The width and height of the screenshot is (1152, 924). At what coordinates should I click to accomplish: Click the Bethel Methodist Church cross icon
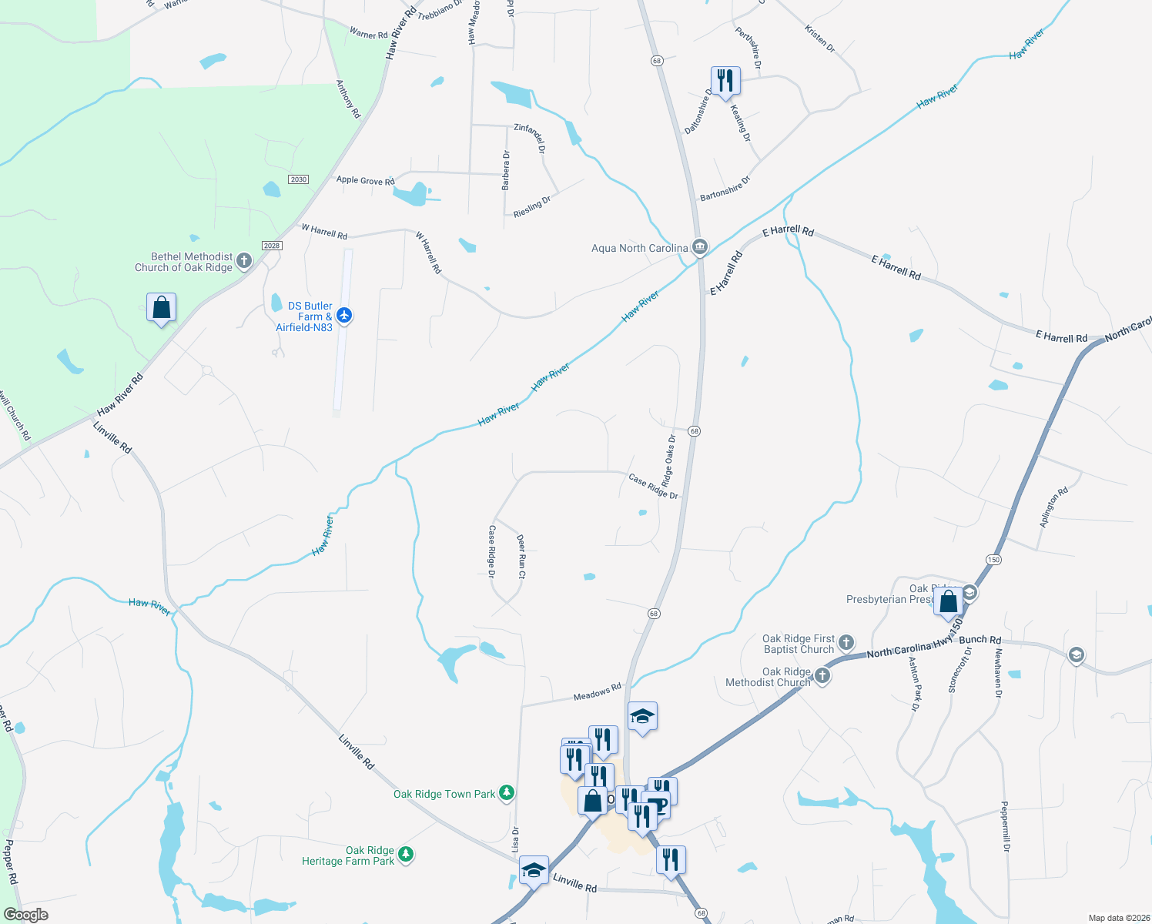244,261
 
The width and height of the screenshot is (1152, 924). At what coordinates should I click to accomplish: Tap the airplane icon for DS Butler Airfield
344,315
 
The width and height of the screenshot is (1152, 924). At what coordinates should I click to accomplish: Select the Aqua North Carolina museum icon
700,247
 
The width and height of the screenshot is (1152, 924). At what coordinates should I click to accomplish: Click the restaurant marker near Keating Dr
725,80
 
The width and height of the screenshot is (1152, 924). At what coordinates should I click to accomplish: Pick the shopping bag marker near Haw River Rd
162,308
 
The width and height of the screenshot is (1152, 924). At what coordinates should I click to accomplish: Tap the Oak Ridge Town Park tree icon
507,793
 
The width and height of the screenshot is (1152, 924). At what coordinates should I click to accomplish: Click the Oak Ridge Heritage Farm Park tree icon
406,855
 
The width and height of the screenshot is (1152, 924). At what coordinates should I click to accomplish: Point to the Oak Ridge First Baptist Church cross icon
846,643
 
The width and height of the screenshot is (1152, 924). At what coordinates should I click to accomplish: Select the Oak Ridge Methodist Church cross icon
822,676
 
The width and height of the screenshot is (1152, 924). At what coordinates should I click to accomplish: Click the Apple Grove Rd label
365,180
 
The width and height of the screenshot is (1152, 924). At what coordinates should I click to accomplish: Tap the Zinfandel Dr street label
531,137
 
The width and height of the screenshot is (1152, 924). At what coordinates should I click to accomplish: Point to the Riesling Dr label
532,207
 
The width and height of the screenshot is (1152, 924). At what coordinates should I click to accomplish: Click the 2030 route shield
298,179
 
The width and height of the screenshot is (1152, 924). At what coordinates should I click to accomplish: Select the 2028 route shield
272,246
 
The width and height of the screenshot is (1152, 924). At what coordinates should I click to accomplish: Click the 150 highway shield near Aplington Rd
993,560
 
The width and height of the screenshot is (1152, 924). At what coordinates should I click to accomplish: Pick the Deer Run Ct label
521,556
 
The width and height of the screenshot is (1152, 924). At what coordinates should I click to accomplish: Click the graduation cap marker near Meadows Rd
642,718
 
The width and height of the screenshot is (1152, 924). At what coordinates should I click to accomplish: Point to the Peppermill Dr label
1005,826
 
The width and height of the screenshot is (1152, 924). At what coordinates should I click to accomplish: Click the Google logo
26,915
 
